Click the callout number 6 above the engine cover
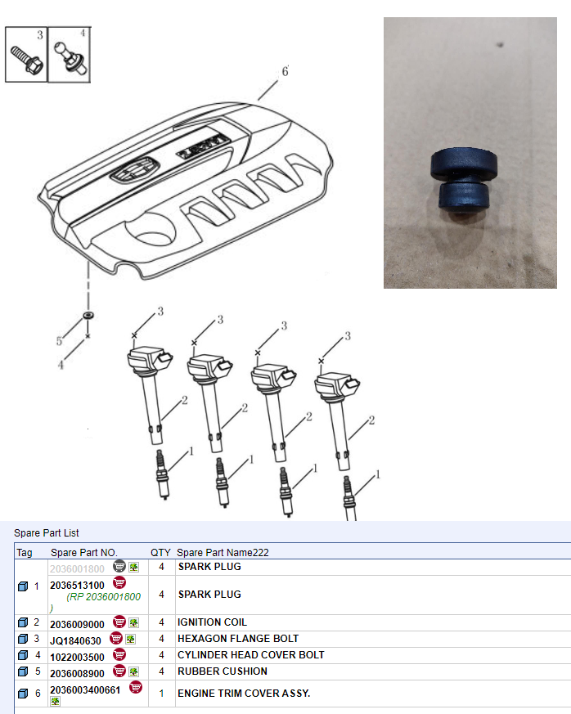coord(285,71)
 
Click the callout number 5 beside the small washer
coord(59,341)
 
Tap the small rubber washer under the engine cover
coord(88,315)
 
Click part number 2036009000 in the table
coord(78,624)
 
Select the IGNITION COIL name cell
coord(212,622)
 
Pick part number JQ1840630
coord(75,640)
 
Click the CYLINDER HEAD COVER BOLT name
coord(251,655)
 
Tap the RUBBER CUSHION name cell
coord(223,671)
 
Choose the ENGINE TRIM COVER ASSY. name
coord(244,693)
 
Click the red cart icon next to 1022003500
coord(119,654)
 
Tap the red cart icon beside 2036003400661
coord(136,687)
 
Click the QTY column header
coord(160,552)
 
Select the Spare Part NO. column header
coord(83,552)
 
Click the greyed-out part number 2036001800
coord(77,568)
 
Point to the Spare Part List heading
coord(47,532)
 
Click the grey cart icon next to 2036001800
coord(119,566)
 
